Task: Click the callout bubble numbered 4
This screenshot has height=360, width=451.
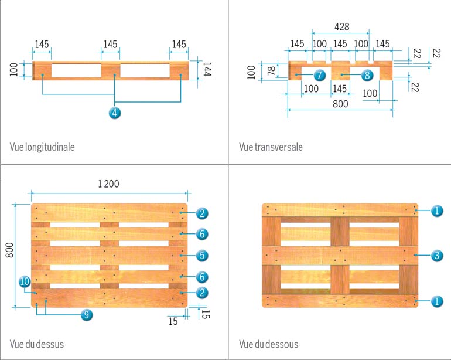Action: (115, 113)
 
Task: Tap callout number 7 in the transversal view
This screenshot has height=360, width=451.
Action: (319, 75)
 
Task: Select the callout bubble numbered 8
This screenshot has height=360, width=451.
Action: (367, 75)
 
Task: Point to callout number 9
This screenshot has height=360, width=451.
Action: (86, 315)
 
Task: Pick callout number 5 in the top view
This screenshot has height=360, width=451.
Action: (202, 256)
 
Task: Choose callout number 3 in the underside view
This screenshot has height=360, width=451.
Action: (436, 256)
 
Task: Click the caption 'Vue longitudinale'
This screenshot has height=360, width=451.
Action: (42, 147)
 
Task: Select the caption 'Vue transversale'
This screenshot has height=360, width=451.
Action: (271, 147)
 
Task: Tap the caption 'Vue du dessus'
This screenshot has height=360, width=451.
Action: (36, 344)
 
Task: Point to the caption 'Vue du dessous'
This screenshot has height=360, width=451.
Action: (268, 344)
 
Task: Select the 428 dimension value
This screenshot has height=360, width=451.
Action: (342, 26)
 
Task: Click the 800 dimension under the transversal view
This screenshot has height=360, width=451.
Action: (340, 104)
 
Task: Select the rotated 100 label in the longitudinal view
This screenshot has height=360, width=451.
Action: (14, 70)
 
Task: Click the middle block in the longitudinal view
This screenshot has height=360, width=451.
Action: (110, 72)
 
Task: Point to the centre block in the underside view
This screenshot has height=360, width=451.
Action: (340, 256)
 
